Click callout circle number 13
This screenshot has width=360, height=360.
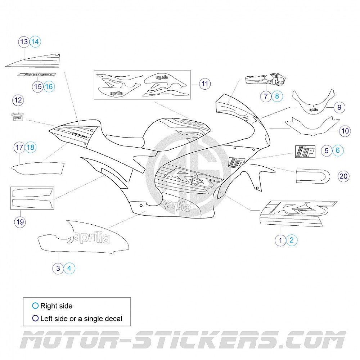pos(24,42)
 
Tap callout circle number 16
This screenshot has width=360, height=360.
pos(49,86)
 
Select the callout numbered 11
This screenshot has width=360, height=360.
pos(204,84)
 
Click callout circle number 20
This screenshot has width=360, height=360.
pos(344,176)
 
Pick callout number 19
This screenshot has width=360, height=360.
pos(20,222)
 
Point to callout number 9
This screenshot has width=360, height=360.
pos(339,107)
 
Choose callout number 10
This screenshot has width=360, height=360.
pos(345,131)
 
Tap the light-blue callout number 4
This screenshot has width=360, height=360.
pos(69,268)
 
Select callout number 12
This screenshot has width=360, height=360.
pos(18,100)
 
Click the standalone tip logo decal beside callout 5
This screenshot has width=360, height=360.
pos(305,151)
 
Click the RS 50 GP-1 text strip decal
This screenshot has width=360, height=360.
pos(36,75)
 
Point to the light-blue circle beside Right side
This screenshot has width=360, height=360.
pos(35,306)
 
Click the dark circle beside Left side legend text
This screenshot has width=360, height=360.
pos(35,318)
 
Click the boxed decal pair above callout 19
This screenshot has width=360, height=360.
pos(32,198)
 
